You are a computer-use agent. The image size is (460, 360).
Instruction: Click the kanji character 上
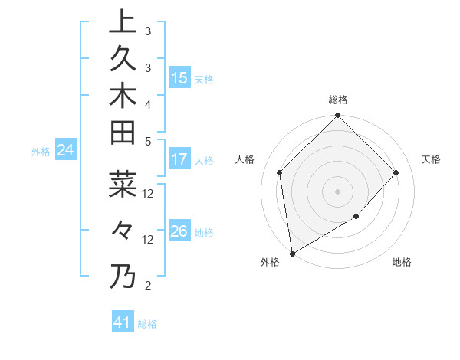pyautogui.click(x=122, y=22)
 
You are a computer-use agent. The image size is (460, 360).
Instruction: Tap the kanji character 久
pyautogui.click(x=122, y=59)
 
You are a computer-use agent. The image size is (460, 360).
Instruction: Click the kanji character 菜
pyautogui.click(x=122, y=185)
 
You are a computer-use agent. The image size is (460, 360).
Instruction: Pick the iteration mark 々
pyautogui.click(x=122, y=230)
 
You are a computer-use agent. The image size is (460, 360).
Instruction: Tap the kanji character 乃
pyautogui.click(x=122, y=276)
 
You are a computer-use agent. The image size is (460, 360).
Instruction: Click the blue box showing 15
pyautogui.click(x=179, y=77)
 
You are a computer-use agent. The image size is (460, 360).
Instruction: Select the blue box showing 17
pyautogui.click(x=179, y=160)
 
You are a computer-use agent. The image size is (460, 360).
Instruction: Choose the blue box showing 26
pyautogui.click(x=179, y=231)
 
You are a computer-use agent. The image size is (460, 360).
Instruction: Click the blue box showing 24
pyautogui.click(x=66, y=151)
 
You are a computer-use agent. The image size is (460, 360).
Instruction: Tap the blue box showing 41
pyautogui.click(x=123, y=322)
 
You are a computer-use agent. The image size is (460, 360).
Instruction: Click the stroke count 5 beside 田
pyautogui.click(x=147, y=141)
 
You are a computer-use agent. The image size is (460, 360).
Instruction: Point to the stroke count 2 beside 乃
pyautogui.click(x=147, y=286)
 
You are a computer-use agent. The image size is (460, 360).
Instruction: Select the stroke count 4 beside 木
pyautogui.click(x=147, y=103)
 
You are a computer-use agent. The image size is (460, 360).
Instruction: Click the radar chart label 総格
pyautogui.click(x=337, y=100)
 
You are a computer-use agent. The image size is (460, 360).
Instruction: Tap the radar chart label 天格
pyautogui.click(x=431, y=159)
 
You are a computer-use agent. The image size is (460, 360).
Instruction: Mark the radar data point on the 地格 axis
pyautogui.click(x=356, y=218)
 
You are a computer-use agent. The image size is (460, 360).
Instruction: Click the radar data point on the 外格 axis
pyautogui.click(x=292, y=253)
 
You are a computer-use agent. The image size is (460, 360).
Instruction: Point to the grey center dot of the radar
pyautogui.click(x=337, y=191)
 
